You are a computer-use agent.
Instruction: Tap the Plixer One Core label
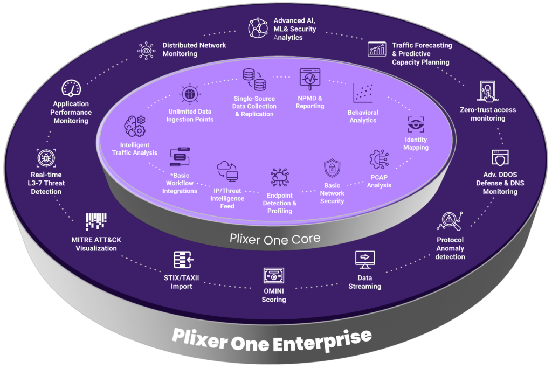(275, 238)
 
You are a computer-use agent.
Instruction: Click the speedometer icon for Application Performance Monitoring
(71, 88)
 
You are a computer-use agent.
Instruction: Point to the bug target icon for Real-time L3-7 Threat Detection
(46, 158)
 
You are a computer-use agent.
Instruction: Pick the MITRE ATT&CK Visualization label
(96, 244)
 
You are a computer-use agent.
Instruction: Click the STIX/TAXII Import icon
(183, 260)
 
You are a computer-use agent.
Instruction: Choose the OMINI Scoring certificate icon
(273, 276)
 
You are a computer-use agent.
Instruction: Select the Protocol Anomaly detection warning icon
(450, 219)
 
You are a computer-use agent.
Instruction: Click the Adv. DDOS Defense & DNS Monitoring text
(500, 183)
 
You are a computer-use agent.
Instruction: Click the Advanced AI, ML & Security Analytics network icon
(258, 27)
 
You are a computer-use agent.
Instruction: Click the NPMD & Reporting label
(310, 102)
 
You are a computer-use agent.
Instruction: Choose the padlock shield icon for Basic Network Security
(332, 169)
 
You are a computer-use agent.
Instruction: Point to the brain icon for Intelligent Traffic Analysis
(134, 126)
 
